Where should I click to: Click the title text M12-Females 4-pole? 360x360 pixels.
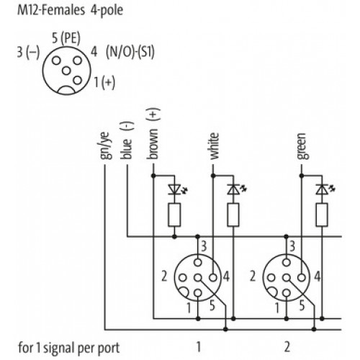[x=71, y=11]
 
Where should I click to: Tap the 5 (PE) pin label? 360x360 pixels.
[x=66, y=38]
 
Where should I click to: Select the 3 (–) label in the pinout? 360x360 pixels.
[x=28, y=53]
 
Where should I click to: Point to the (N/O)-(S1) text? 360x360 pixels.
[x=130, y=52]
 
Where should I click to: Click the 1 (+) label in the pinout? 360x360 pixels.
[x=104, y=82]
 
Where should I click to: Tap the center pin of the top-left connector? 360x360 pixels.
[x=66, y=71]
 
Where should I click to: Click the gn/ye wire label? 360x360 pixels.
[x=106, y=145]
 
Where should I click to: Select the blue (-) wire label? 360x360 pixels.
[x=127, y=140]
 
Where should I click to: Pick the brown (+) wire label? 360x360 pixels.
[x=153, y=134]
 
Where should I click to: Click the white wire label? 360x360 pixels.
[x=214, y=146]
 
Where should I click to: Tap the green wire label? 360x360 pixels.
[x=302, y=146]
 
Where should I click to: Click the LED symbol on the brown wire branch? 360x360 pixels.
[x=177, y=189]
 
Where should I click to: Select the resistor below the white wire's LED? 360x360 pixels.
[x=233, y=215]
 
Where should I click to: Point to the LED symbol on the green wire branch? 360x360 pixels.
[x=325, y=189]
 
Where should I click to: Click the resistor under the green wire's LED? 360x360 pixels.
[x=322, y=215]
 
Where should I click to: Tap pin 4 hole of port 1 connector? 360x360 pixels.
[x=213, y=278]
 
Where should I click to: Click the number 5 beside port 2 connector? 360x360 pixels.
[x=302, y=306]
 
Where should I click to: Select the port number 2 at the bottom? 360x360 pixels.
[x=287, y=347]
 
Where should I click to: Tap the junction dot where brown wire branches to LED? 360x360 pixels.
[x=153, y=176]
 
